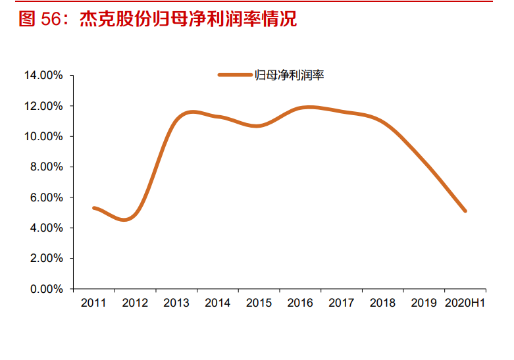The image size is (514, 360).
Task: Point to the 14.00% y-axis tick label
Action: (x=43, y=76)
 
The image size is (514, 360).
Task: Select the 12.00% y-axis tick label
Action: (x=43, y=106)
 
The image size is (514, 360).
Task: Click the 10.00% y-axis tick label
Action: (x=43, y=136)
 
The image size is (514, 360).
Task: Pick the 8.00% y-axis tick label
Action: (x=46, y=167)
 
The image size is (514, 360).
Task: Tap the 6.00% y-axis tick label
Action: (x=46, y=197)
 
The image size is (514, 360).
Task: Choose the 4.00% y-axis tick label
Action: (x=46, y=228)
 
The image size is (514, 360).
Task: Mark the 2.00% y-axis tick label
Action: (x=46, y=259)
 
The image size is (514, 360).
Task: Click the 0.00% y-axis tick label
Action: (x=46, y=289)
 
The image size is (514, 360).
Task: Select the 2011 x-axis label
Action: (x=93, y=303)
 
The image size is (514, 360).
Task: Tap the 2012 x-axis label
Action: (x=135, y=303)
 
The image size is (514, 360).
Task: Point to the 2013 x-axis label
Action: (x=176, y=303)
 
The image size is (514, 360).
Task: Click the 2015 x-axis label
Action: (x=259, y=303)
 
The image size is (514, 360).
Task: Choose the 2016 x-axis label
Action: (x=300, y=303)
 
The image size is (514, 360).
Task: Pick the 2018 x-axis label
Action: (x=382, y=303)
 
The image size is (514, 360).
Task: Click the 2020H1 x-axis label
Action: (x=465, y=303)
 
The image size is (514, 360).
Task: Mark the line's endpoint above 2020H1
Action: (x=465, y=211)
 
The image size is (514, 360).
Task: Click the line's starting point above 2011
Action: (x=94, y=208)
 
